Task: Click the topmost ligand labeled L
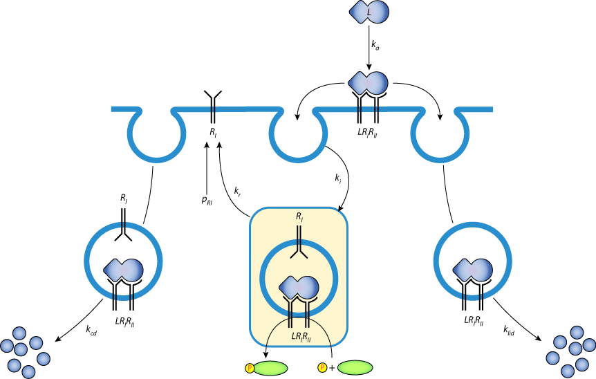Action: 370,12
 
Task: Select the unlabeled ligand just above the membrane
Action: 369,83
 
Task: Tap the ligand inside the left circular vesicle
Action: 124,270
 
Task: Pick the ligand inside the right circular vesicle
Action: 473,270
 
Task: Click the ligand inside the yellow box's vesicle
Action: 299,287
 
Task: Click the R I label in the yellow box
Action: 299,216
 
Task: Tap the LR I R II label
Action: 301,337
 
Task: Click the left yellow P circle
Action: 250,368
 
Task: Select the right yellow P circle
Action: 322,367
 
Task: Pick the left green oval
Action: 270,368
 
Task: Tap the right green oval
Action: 355,367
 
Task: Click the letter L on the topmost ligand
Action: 369,12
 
